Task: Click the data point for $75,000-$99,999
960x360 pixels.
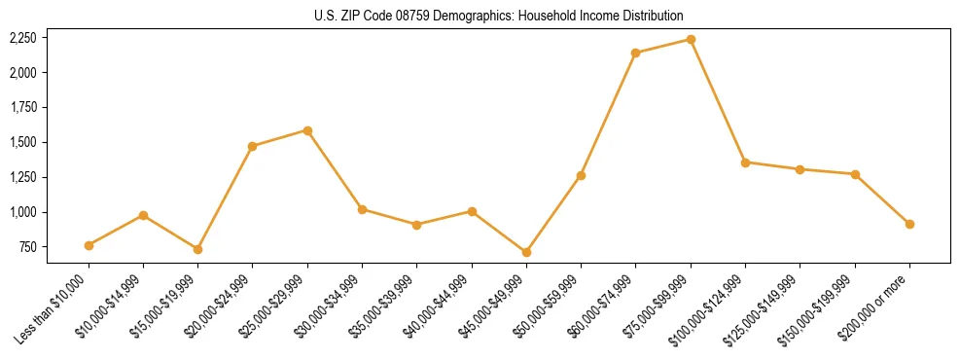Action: tap(691, 40)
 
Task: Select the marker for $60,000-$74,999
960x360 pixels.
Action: tap(636, 53)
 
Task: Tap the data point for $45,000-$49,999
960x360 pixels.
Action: tap(526, 252)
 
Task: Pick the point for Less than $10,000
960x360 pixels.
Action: tap(89, 245)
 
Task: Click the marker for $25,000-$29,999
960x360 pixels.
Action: tap(307, 130)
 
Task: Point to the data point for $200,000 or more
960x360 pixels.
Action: tap(909, 224)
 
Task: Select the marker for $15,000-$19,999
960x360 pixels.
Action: tap(197, 249)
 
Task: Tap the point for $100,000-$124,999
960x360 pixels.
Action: tap(745, 162)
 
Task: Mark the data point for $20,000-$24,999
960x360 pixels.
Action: tap(253, 146)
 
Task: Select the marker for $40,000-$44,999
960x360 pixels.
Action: tap(472, 211)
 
